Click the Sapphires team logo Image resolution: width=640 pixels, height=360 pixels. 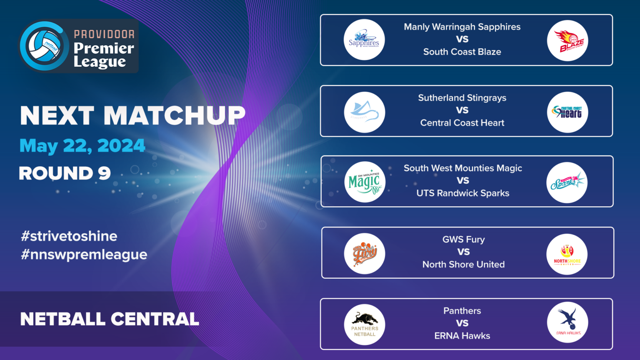tap(364, 40)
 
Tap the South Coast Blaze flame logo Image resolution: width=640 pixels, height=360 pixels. tap(567, 41)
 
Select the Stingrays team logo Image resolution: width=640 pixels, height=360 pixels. tap(364, 112)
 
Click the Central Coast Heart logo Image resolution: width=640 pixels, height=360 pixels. tap(567, 112)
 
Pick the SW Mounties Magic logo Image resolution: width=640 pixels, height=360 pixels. tap(365, 182)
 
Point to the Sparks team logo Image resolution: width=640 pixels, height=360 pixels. tap(567, 182)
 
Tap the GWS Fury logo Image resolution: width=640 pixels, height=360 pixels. tap(365, 253)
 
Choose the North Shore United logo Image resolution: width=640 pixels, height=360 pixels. tap(567, 254)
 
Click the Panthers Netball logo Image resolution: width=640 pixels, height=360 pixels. tap(365, 325)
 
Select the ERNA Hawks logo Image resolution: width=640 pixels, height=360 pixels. tap(567, 322)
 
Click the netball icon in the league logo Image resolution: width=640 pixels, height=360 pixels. tap(44, 46)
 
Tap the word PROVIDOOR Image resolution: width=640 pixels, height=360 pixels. tap(104, 34)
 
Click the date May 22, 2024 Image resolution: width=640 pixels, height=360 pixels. tap(82, 146)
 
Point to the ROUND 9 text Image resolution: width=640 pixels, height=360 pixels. tap(65, 173)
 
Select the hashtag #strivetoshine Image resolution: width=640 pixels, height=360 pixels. tap(69, 236)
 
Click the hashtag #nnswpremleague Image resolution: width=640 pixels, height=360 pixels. tap(84, 255)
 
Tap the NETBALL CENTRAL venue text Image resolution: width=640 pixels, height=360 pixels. tap(110, 319)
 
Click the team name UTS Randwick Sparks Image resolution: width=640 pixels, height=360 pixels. tap(462, 193)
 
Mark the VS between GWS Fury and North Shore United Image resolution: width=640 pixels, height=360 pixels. tap(463, 252)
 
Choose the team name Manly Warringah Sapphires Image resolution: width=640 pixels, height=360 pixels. tap(462, 27)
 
